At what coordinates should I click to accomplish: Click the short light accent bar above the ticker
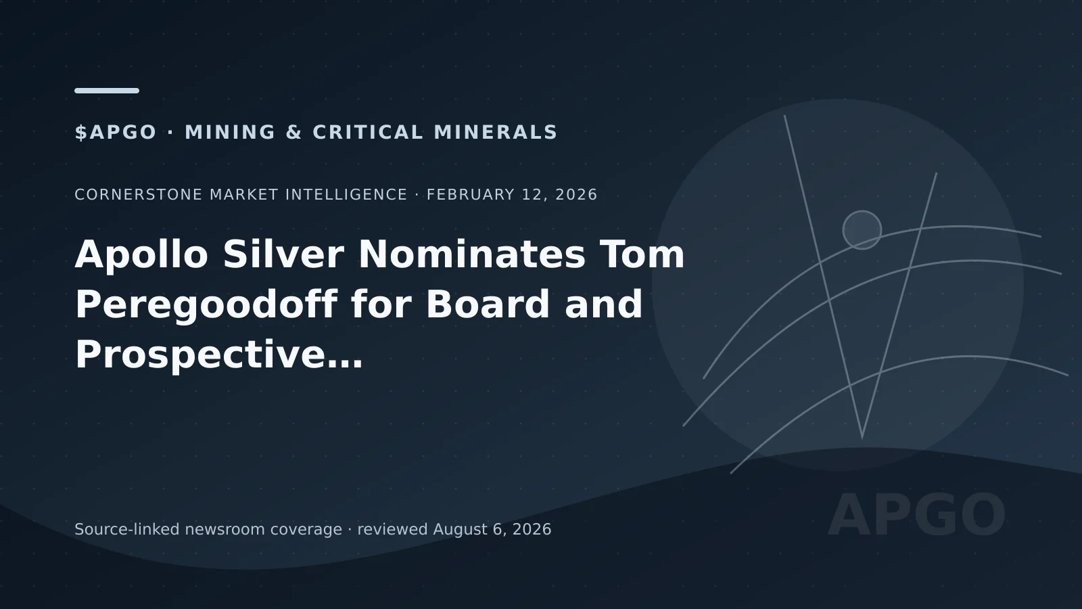pos(107,91)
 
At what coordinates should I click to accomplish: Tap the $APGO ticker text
pos(116,133)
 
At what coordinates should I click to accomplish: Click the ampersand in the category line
pos(294,133)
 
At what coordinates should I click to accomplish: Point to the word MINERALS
pos(496,133)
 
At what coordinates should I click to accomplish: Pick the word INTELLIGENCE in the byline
pos(346,194)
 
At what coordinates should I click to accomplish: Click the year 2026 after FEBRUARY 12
pos(577,194)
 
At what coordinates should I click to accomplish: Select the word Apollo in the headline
pos(141,254)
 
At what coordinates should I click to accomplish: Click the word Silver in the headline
pos(283,254)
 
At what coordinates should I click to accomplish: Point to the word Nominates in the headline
pos(472,254)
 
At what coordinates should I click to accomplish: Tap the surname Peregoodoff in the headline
pos(206,305)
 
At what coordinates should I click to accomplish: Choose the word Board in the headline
pos(488,304)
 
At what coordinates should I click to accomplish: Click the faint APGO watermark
pos(917,515)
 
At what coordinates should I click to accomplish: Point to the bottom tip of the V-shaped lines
pos(862,438)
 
